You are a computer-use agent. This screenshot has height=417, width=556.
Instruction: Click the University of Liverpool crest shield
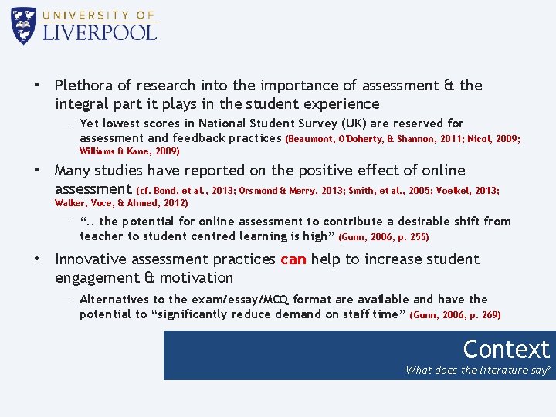pyautogui.click(x=24, y=25)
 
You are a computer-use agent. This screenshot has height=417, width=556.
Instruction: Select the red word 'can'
pyautogui.click(x=293, y=259)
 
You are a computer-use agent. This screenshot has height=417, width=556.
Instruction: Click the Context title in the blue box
pyautogui.click(x=506, y=349)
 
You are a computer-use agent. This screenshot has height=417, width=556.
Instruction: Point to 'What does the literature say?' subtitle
pyautogui.click(x=478, y=370)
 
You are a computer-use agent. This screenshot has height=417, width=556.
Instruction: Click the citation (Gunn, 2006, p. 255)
pyautogui.click(x=384, y=237)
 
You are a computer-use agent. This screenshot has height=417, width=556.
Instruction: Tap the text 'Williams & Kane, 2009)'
pyautogui.click(x=130, y=151)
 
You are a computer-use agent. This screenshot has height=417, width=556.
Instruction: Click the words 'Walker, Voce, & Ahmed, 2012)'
pyautogui.click(x=121, y=203)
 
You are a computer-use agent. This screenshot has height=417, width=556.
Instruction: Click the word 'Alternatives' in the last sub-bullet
pyautogui.click(x=114, y=300)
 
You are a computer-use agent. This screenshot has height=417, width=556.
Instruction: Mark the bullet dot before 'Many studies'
pyautogui.click(x=36, y=171)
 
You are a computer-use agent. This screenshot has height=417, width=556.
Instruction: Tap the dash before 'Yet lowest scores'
pyautogui.click(x=66, y=124)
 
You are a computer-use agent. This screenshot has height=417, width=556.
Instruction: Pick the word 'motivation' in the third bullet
pyautogui.click(x=197, y=278)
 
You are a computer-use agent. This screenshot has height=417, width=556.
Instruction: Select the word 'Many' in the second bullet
pyautogui.click(x=73, y=171)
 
